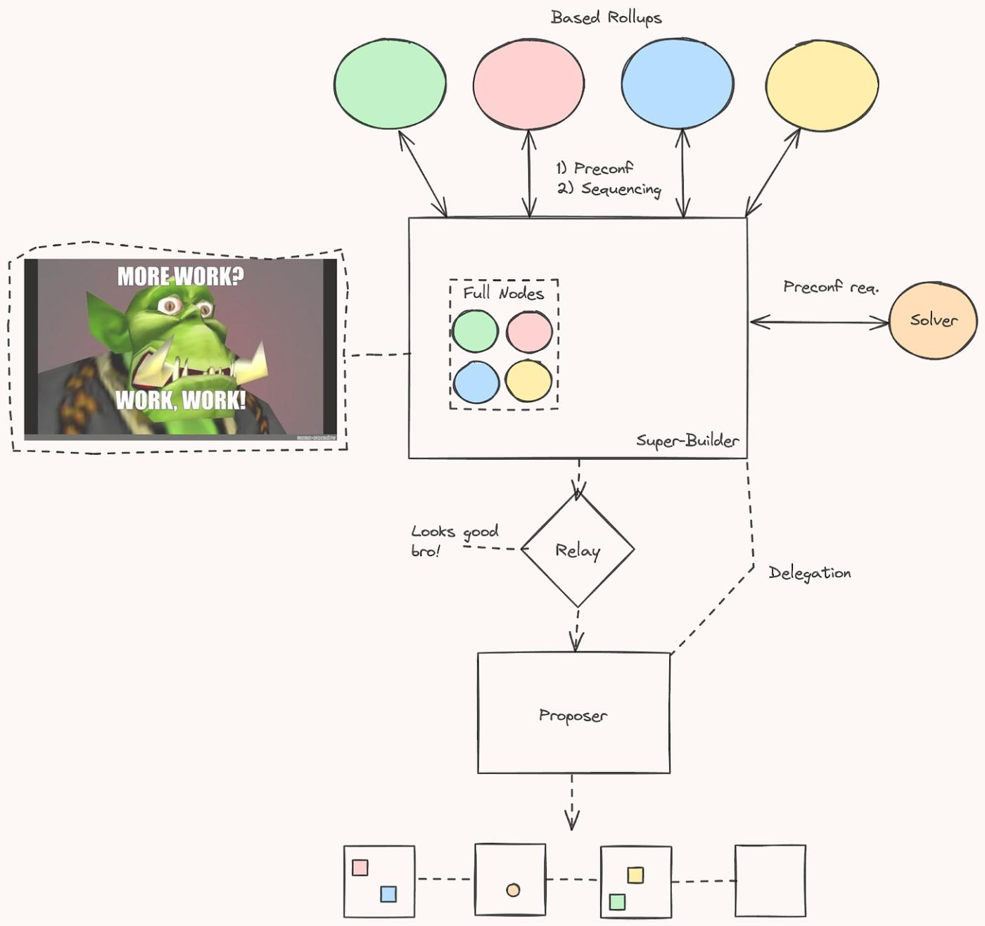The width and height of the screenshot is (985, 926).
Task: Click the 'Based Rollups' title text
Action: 606,18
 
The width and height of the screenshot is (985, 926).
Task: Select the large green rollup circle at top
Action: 389,84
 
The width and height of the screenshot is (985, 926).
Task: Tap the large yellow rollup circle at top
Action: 821,85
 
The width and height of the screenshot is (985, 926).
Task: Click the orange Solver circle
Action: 933,321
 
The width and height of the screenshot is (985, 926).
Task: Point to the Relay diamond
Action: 577,550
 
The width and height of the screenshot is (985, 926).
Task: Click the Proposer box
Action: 573,714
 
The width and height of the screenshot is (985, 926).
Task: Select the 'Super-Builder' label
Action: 687,441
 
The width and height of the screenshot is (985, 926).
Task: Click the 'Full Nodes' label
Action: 503,293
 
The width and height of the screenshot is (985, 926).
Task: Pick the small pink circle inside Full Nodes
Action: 529,331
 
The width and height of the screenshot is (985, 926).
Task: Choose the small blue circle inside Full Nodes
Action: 476,382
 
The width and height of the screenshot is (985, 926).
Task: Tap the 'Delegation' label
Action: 809,573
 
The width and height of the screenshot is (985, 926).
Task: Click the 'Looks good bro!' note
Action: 454,540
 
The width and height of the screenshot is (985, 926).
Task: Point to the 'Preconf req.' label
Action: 830,287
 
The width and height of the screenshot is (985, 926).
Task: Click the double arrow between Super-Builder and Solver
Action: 820,323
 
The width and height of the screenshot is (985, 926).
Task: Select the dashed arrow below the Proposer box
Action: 572,802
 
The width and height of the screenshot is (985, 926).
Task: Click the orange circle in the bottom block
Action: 513,890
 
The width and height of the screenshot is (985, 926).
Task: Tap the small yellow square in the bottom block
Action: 635,875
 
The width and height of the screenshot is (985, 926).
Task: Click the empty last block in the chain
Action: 770,881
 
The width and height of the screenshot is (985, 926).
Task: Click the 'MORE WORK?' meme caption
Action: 181,276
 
